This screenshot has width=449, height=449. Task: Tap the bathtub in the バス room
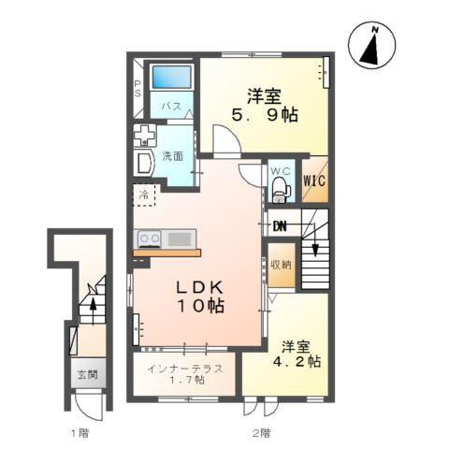click(x=170, y=78)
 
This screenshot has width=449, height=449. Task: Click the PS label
click(x=138, y=89)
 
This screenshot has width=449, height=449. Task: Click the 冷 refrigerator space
click(x=145, y=196)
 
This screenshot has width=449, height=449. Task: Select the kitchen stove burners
click(x=150, y=238)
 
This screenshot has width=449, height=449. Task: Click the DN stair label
click(x=280, y=225)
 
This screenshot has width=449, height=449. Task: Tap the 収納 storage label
click(x=281, y=265)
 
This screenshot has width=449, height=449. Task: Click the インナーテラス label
click(x=184, y=368)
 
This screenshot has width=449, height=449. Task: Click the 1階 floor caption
click(x=80, y=432)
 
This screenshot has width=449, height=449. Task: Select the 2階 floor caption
click(x=261, y=432)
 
